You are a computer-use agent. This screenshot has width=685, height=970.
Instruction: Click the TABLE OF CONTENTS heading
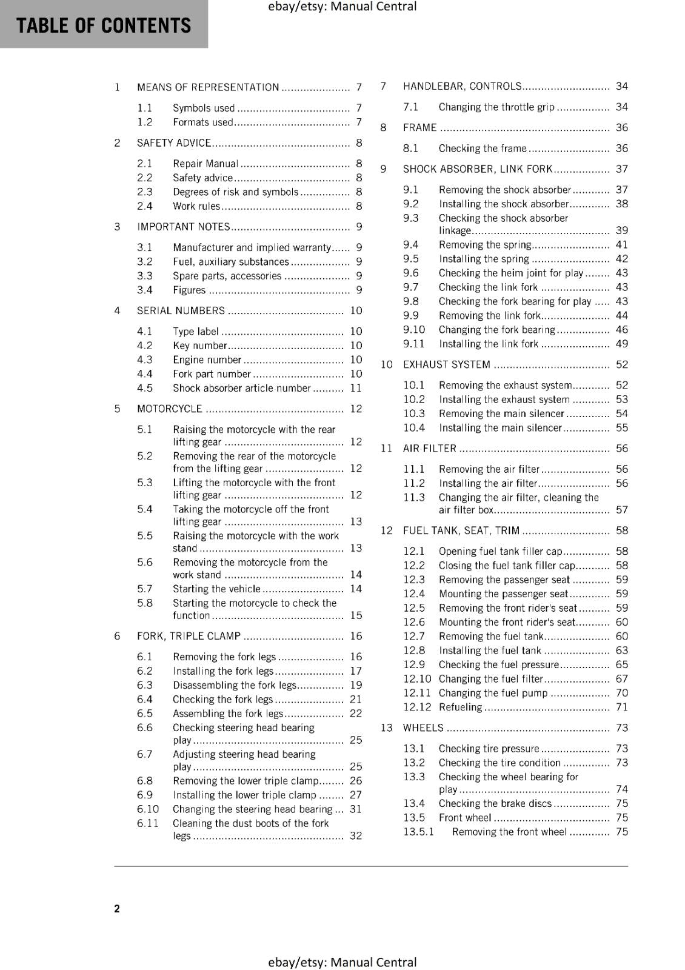pos(104,25)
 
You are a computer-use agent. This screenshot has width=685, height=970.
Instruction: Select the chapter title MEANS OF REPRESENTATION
pos(208,87)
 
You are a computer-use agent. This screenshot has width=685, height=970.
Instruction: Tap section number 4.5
pos(145,388)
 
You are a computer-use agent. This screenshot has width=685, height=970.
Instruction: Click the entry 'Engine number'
pos(207,360)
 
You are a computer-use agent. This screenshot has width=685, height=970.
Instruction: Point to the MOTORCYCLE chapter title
pos(169,409)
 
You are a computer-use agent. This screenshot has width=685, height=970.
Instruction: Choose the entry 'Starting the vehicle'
pos(216,589)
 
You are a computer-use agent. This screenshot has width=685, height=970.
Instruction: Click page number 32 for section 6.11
pos(356,836)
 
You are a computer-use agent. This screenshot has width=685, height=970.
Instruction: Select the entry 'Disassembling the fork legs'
pos(235,686)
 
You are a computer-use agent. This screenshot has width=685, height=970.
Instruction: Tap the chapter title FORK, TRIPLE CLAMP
pos(189,637)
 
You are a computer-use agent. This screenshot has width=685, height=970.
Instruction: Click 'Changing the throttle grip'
pos(496,107)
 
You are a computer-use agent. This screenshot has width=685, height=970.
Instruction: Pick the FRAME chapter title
pos(419,128)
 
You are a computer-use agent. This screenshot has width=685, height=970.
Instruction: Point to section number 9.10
pos(414,330)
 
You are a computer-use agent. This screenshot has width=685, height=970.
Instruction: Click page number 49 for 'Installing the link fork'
pos(622,344)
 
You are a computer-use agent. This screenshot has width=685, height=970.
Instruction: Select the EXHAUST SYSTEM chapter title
pos(446,365)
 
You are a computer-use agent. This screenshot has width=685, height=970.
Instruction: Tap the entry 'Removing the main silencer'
pos(501,414)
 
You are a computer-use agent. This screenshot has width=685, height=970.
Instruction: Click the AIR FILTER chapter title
pos(429,449)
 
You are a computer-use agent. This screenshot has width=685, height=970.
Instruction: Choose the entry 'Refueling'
pos(460,707)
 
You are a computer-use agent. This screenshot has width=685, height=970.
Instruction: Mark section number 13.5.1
pos(419,832)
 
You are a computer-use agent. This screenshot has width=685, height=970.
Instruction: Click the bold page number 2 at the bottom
pos(117,909)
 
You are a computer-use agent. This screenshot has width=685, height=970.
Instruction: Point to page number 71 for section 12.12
pos(622,707)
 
